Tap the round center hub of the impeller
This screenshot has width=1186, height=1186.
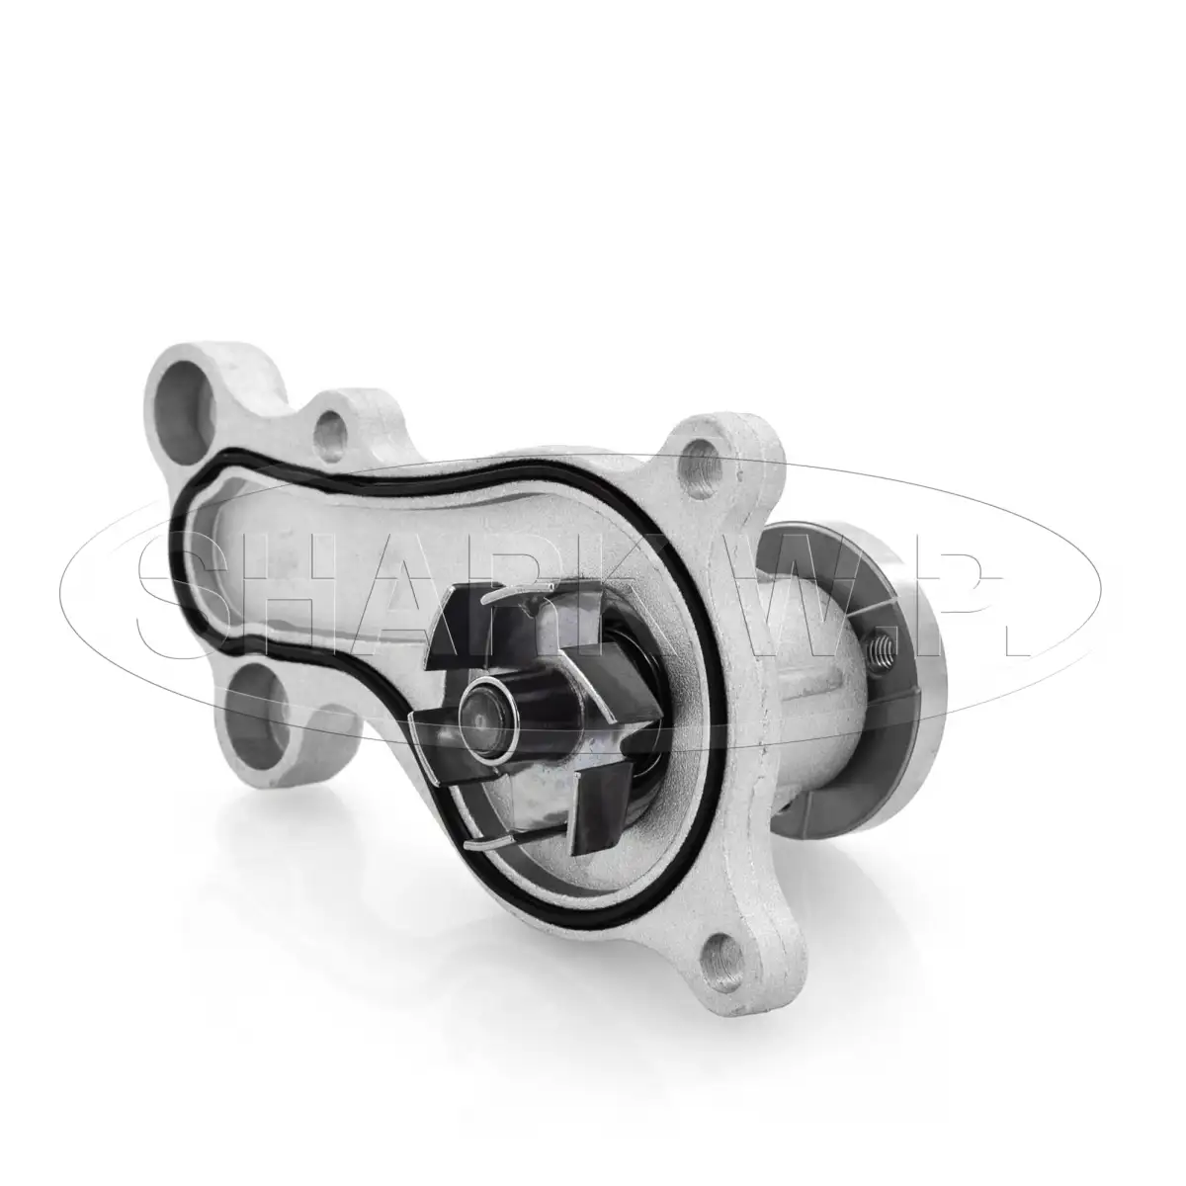(x=489, y=717)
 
